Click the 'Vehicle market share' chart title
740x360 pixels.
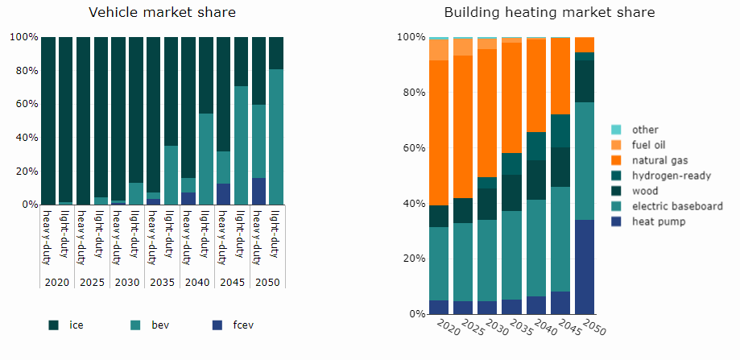point(162,12)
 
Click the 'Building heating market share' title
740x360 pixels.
point(549,12)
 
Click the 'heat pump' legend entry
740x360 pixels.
point(658,221)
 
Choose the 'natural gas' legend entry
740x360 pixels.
point(659,160)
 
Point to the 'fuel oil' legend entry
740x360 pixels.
point(651,145)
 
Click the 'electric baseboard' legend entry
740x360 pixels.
point(676,206)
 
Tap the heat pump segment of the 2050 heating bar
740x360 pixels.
point(584,267)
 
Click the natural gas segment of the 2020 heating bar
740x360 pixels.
point(439,133)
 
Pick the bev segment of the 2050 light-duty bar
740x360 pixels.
point(276,137)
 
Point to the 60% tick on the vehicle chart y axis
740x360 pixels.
point(23,105)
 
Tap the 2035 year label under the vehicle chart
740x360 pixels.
point(162,283)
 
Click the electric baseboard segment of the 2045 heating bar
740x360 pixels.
point(560,239)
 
